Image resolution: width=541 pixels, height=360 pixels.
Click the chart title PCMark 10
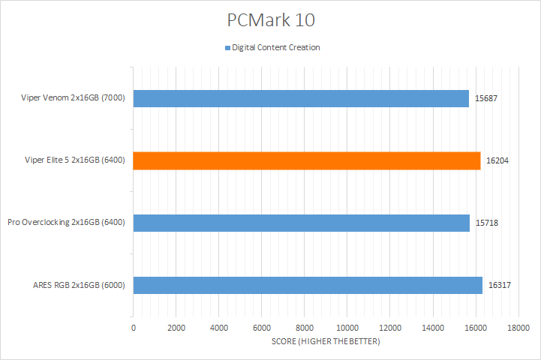tap(270, 18)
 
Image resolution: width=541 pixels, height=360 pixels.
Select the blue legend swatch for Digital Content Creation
tap(227, 48)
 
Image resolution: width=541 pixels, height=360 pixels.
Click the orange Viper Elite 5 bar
tap(306, 160)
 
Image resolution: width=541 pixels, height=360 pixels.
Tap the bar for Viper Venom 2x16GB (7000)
tap(301, 98)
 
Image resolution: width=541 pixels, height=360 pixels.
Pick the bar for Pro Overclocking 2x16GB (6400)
tap(301, 223)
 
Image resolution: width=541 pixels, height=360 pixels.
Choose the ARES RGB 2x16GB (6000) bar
tap(308, 285)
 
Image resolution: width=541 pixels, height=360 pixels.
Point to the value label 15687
tap(487, 98)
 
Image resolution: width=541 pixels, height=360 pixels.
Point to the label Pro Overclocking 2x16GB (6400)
tap(66, 223)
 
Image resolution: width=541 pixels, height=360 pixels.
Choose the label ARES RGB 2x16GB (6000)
tap(79, 285)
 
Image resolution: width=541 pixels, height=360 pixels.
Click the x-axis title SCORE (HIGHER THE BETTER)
tap(326, 342)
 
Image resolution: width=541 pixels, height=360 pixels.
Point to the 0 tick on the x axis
tap(134, 328)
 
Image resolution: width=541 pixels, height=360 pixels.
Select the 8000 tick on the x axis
tap(305, 328)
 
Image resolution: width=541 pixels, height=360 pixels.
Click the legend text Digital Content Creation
tap(276, 48)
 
